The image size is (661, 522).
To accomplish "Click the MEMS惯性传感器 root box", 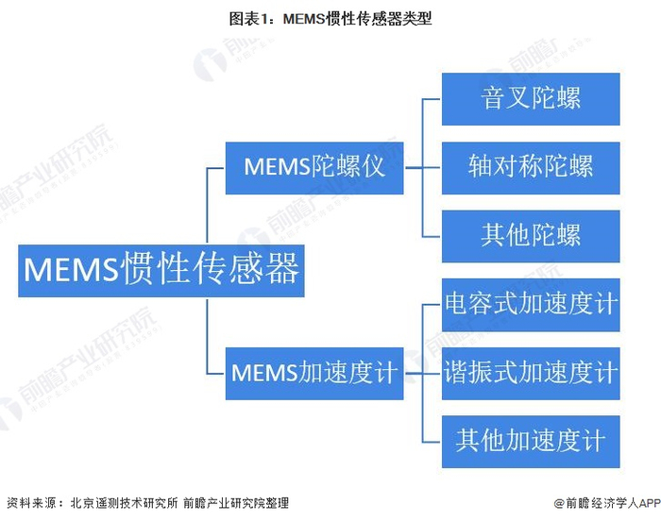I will coord(161,270).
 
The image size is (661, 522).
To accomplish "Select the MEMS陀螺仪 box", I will coord(314,167).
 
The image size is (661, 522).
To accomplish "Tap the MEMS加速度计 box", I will coord(314,372).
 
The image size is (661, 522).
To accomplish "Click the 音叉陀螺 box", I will coord(531,98).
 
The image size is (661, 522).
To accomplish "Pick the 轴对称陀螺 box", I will coord(531,167).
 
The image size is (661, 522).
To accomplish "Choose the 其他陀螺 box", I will coord(531,235).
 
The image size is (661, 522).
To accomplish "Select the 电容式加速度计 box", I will coord(531,304).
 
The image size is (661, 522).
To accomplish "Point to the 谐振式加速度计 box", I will coord(531,372).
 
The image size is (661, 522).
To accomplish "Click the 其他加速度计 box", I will coord(531,441).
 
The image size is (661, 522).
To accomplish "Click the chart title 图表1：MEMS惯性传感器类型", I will coord(330,18).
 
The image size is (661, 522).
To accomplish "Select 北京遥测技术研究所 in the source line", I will coord(124,503).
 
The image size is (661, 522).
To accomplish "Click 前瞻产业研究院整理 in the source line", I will coord(235,503).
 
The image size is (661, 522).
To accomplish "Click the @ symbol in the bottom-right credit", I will coord(559,503).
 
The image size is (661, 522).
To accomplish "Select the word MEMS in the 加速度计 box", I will coord(265,372).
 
